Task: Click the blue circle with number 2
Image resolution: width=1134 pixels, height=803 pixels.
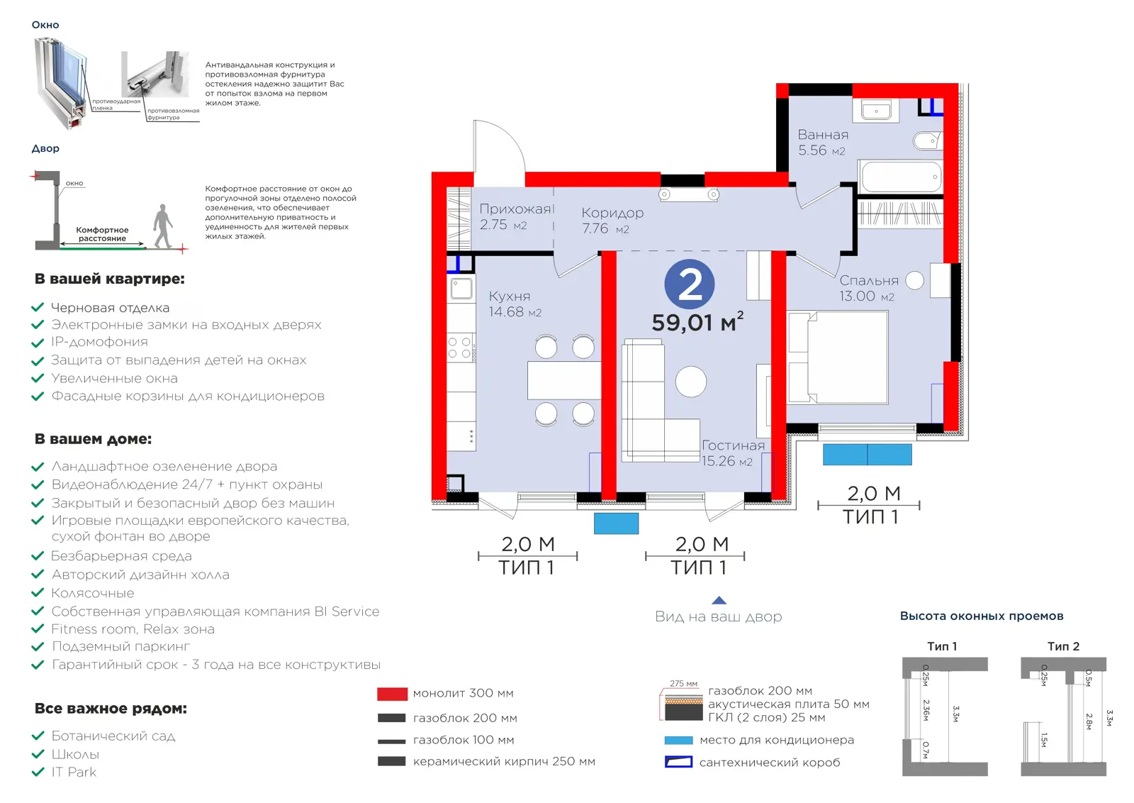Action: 689,284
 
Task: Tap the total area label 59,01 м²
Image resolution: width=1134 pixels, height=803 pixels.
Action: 697,322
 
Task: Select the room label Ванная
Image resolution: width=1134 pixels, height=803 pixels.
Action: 823,135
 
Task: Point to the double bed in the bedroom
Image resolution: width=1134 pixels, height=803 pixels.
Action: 838,358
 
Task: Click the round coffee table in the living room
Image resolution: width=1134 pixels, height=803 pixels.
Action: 690,382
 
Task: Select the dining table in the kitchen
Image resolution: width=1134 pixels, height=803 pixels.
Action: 564,380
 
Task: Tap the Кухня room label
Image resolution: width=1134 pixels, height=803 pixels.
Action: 510,297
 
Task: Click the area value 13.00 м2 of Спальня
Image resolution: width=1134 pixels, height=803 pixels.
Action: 867,297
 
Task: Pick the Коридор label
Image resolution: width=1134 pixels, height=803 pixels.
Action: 612,214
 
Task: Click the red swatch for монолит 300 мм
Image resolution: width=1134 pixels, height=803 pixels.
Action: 393,694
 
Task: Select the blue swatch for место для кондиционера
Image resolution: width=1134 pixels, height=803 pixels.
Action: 678,740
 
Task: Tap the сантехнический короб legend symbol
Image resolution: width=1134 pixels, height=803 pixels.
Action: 678,762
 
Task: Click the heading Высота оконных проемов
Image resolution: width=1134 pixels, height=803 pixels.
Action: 982,616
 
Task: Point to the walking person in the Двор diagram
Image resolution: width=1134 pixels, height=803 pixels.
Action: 163,226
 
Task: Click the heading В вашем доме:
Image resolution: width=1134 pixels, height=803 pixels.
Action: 93,438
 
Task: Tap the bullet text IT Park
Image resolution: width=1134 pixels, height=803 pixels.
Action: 74,772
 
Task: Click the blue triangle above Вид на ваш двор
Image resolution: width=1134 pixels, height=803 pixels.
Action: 719,600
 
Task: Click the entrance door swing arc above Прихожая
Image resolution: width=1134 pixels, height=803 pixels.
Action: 506,137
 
